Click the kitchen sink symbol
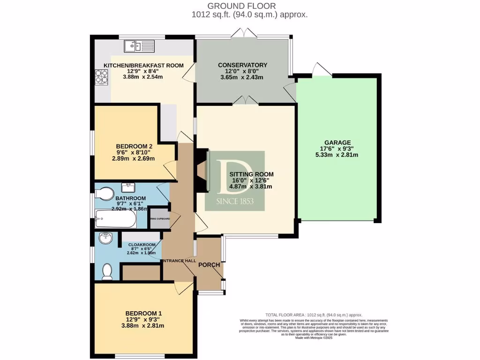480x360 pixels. point(139,46)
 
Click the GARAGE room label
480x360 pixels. point(337,142)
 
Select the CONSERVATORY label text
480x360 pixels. point(242,65)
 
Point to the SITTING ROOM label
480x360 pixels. point(251,174)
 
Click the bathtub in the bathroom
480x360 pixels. point(115,218)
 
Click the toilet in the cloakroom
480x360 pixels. point(108,270)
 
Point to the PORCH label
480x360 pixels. point(209,265)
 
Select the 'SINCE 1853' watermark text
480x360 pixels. point(235,202)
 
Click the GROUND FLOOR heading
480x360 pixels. point(242,6)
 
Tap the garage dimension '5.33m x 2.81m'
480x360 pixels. point(337,155)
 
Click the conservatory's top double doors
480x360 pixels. point(243,33)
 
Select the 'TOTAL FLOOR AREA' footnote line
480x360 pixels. point(314,315)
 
